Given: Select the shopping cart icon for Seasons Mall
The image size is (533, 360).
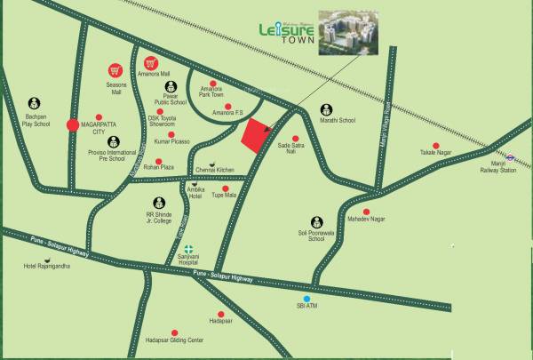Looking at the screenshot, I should pos(115,69).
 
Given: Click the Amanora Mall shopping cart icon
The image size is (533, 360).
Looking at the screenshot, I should pos(151,64).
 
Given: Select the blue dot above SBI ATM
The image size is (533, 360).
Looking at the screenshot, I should pos(306,299).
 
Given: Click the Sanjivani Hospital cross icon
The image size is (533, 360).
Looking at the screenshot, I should pos(187,252).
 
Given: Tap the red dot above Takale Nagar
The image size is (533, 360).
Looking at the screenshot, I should pos(434,146).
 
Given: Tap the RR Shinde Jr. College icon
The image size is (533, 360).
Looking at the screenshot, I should pos(159,203).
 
